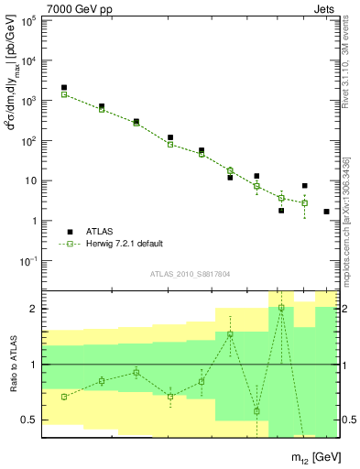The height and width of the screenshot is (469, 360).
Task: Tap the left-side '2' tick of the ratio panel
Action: [32, 309]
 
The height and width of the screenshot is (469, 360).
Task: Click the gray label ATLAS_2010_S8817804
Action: [190, 274]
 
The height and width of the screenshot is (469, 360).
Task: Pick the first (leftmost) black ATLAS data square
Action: [64, 88]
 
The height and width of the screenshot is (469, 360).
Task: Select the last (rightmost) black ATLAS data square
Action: [326, 212]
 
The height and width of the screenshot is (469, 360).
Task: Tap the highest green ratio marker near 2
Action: [281, 308]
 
